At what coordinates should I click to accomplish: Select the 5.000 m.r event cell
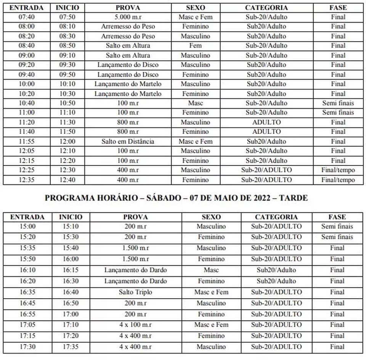[128, 17]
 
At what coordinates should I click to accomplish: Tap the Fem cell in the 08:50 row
[195, 46]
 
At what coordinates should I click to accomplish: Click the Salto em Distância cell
[128, 141]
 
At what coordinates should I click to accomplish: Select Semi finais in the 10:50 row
[338, 103]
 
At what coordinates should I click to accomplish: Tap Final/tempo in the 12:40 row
[338, 180]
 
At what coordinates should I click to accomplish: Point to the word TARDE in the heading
[293, 198]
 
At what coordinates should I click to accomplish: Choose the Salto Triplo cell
[135, 292]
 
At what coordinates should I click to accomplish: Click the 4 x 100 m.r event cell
[135, 325]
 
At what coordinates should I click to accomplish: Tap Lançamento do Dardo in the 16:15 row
[135, 270]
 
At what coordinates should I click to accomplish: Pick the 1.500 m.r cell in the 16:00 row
[135, 259]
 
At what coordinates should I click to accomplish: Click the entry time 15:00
[27, 227]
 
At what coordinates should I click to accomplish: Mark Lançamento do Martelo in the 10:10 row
[128, 84]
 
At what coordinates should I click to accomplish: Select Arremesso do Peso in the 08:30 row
[128, 36]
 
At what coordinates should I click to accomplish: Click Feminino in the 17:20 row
[211, 336]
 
